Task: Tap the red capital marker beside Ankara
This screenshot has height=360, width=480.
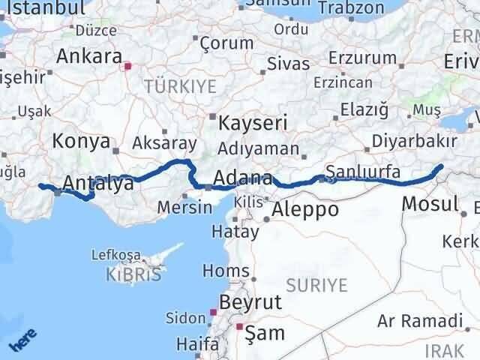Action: tap(128, 66)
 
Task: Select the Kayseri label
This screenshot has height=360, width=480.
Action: tap(244, 121)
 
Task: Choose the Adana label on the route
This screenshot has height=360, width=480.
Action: tap(242, 178)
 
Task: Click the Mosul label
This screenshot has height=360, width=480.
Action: tap(430, 203)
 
